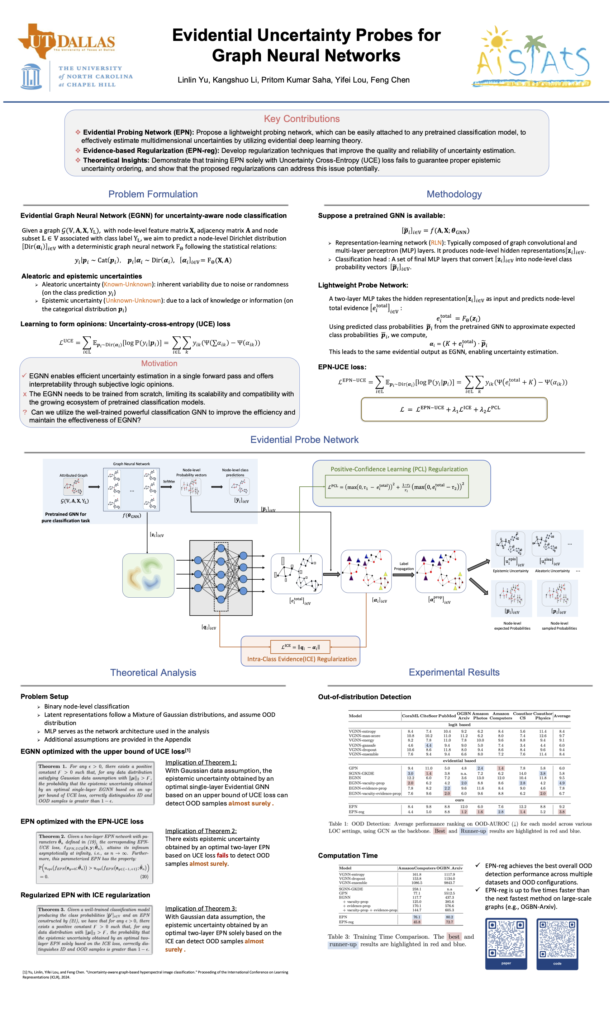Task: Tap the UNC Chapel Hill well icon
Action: (x=32, y=76)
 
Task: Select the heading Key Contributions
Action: (x=301, y=119)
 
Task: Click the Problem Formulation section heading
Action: (x=153, y=194)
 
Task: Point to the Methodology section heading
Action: (x=454, y=194)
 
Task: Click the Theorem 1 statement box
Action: (x=95, y=784)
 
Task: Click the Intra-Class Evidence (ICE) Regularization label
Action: (x=301, y=659)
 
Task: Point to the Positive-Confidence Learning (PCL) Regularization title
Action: (x=399, y=469)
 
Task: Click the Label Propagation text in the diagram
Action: (x=404, y=566)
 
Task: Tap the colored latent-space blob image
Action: (x=148, y=575)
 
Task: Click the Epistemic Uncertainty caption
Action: (x=510, y=571)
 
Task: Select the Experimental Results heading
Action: (x=454, y=672)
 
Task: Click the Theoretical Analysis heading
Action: (x=153, y=673)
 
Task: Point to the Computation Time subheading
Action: (x=347, y=855)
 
